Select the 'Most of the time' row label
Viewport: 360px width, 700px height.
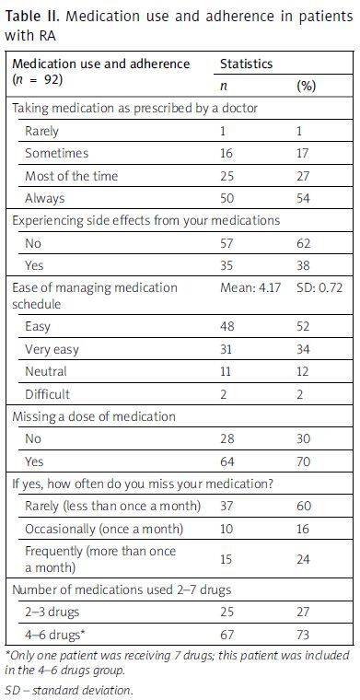(x=73, y=175)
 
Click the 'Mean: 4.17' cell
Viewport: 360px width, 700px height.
(x=249, y=287)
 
